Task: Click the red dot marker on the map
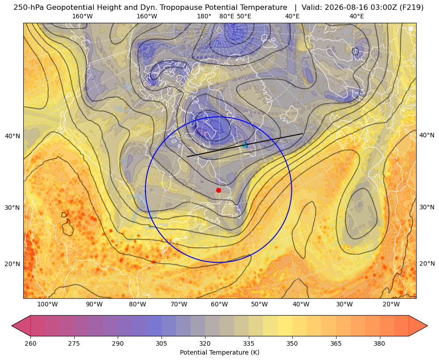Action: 219,190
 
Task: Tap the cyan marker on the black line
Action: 245,145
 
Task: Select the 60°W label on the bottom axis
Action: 219,304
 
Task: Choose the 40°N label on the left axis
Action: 13,136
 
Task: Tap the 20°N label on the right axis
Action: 427,263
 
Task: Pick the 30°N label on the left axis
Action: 13,208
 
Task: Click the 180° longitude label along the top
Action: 204,16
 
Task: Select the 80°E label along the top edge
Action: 226,16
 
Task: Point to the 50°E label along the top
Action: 244,16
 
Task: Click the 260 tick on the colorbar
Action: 30,343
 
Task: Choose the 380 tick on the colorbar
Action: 379,343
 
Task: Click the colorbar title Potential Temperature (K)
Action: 219,352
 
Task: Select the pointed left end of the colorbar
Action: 12,326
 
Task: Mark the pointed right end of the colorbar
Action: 427,326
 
